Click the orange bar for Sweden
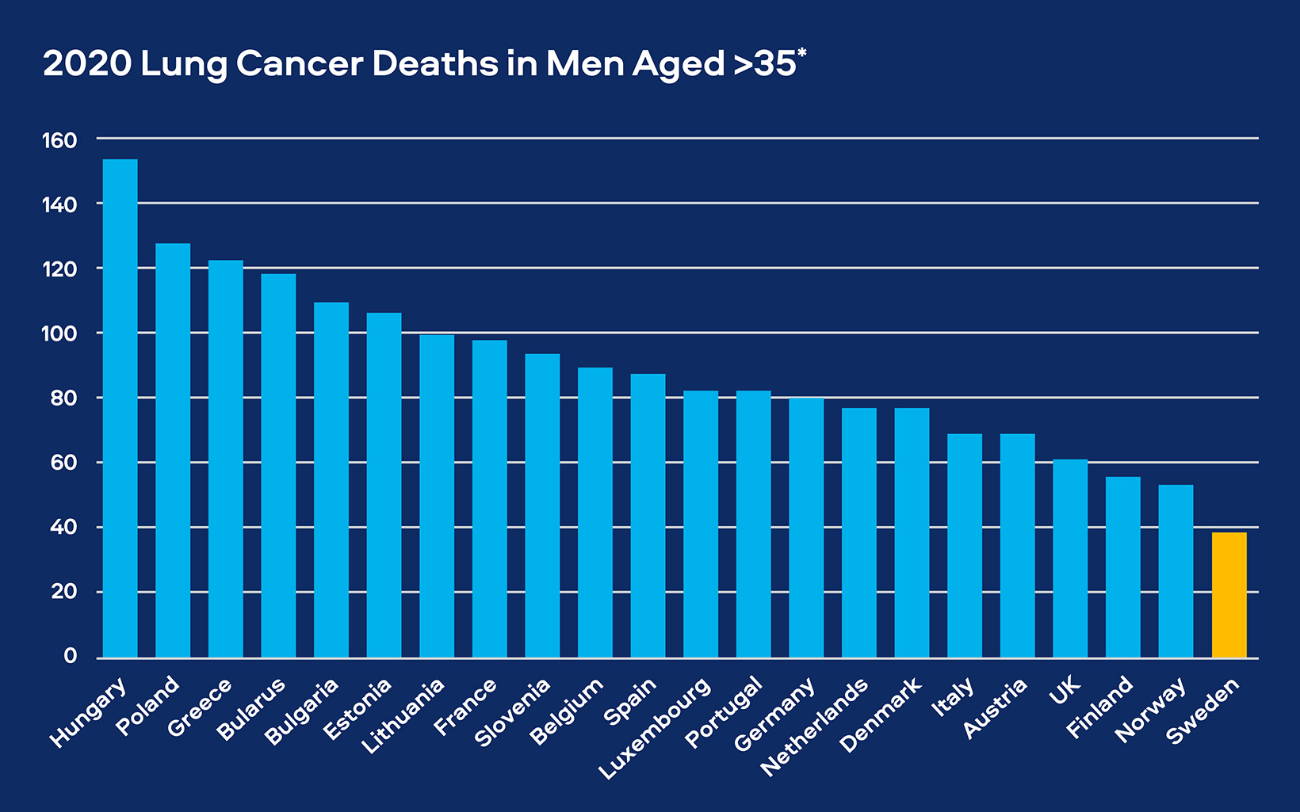coord(1229,595)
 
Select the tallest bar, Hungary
coord(120,408)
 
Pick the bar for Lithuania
coord(437,496)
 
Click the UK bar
coord(1070,558)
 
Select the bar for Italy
coord(965,546)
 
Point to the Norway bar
coord(1176,571)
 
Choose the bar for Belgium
coord(595,513)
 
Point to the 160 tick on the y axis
coord(59,140)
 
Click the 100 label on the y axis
coord(59,334)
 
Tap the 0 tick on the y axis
coord(71,656)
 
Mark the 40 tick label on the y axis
coord(63,527)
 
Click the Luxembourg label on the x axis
coord(656,729)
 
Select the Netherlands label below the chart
coord(814,727)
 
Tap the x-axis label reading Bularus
coord(251,709)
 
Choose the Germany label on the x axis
coord(774,715)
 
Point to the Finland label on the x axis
coord(1099,707)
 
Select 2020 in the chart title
coord(87,63)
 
